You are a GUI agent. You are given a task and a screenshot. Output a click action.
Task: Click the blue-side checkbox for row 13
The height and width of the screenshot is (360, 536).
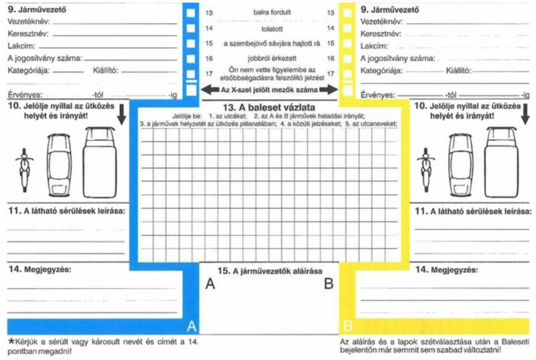pos(192,13)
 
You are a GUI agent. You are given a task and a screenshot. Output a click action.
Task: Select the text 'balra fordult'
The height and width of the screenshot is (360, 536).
pos(268,13)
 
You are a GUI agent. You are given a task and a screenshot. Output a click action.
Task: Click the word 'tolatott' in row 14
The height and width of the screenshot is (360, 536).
pos(268,28)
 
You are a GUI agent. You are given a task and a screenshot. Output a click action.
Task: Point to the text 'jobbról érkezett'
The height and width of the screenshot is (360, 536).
pos(268,58)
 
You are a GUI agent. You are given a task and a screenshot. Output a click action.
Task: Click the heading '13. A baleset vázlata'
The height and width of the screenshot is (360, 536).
pos(267,107)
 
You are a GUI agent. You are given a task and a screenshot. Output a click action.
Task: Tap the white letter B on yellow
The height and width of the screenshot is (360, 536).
pos(347,326)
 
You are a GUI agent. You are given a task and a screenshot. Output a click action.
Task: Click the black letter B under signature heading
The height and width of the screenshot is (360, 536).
pos(328,284)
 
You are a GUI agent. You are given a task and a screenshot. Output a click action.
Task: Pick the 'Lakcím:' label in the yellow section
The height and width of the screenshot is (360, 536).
pos(373,46)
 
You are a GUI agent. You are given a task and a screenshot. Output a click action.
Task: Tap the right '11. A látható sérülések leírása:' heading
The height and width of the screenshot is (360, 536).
pos(473,211)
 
